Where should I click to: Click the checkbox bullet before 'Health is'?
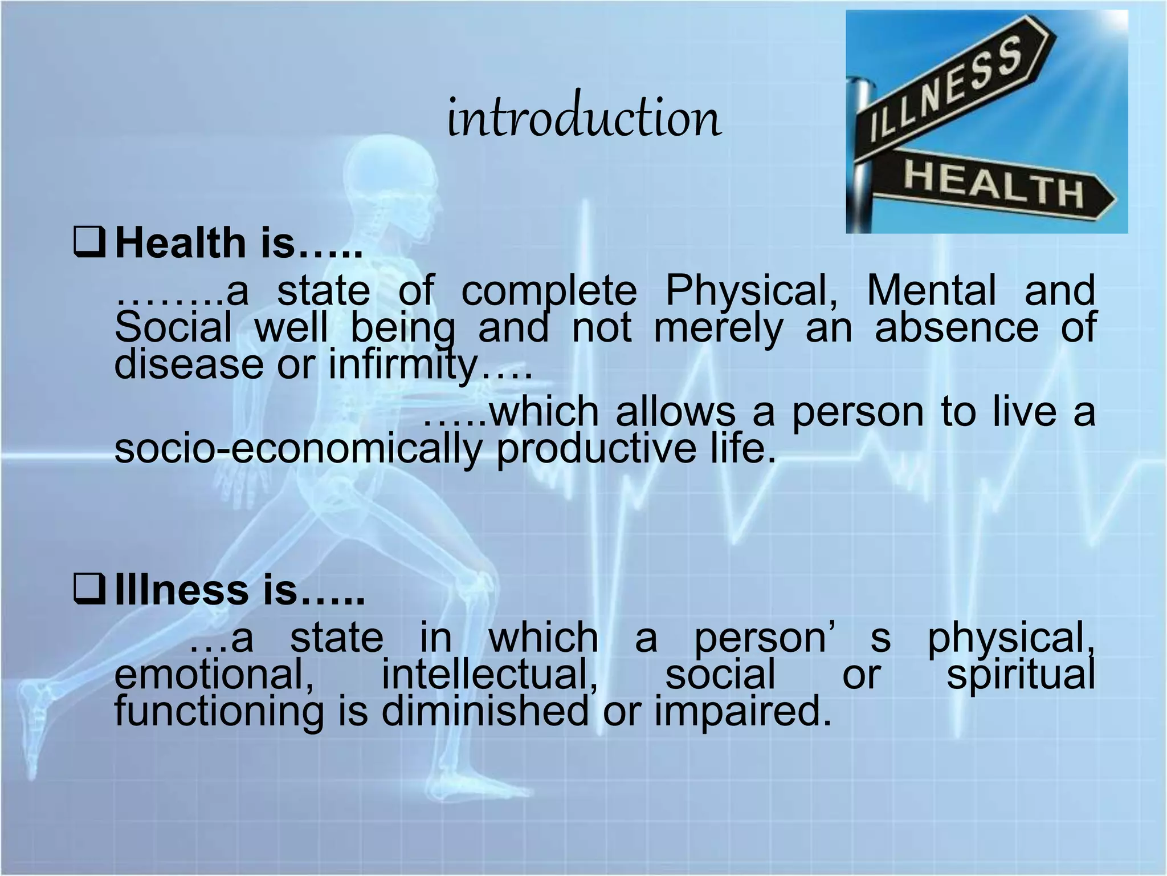pyautogui.click(x=89, y=242)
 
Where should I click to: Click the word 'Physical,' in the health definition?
pyautogui.click(x=752, y=291)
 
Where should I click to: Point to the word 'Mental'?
pyautogui.click(x=931, y=291)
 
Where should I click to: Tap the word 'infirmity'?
pyautogui.click(x=402, y=365)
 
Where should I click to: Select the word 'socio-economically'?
pyautogui.click(x=298, y=449)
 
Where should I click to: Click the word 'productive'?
pyautogui.click(x=596, y=449)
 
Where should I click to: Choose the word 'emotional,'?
pyautogui.click(x=214, y=675)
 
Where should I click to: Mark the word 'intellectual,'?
pyautogui.click(x=489, y=675)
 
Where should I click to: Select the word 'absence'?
pyautogui.click(x=957, y=328)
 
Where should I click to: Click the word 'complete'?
pyautogui.click(x=549, y=291)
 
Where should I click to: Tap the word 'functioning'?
pyautogui.click(x=219, y=713)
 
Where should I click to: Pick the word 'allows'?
pyautogui.click(x=675, y=412)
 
